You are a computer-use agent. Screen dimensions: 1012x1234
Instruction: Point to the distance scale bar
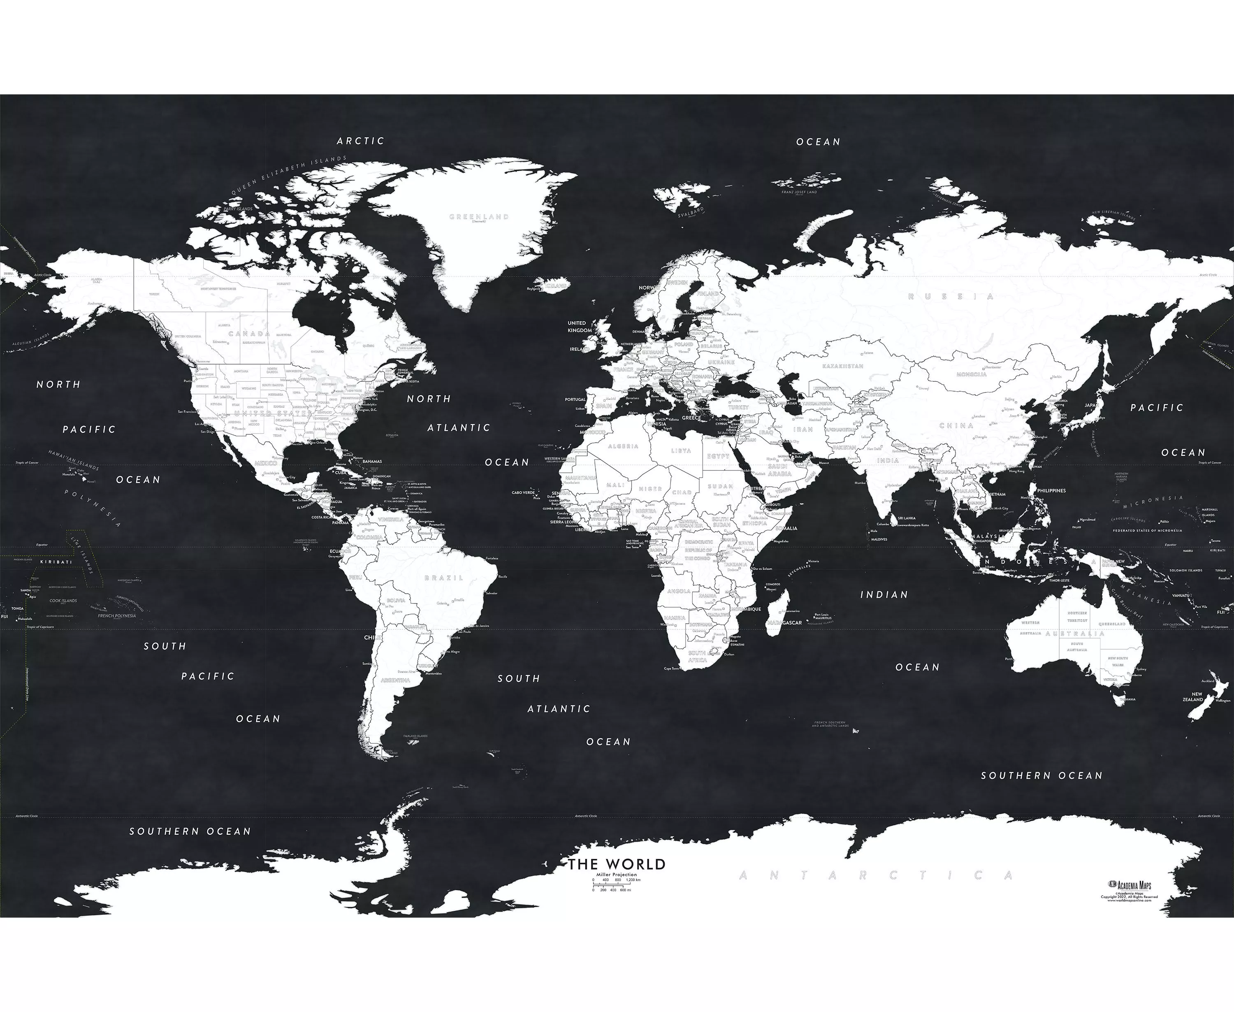point(617,885)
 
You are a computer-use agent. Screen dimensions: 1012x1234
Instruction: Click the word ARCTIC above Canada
point(361,141)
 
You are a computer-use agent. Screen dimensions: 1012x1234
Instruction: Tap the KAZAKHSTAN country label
point(842,365)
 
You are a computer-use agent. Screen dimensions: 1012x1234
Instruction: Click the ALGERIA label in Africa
point(623,446)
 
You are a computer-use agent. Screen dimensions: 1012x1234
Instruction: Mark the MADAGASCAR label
point(784,622)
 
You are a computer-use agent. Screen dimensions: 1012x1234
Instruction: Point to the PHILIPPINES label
point(1051,490)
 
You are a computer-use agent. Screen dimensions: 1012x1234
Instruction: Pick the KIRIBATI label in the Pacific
point(56,562)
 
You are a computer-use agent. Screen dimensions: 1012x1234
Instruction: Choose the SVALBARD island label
point(691,211)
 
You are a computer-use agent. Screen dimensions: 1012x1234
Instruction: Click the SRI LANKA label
point(907,518)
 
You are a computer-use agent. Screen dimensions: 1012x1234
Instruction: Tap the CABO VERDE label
point(523,492)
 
